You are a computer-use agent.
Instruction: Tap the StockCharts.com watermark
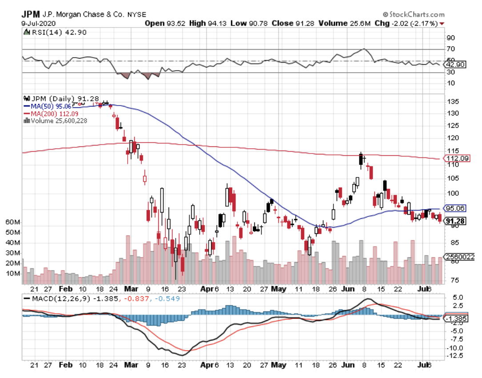[x=413, y=15]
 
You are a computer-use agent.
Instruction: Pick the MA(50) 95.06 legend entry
[x=48, y=106]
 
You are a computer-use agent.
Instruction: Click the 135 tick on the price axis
[x=452, y=102]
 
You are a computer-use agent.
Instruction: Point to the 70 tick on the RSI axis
[x=450, y=49]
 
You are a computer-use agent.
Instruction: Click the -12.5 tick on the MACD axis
[x=454, y=356]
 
